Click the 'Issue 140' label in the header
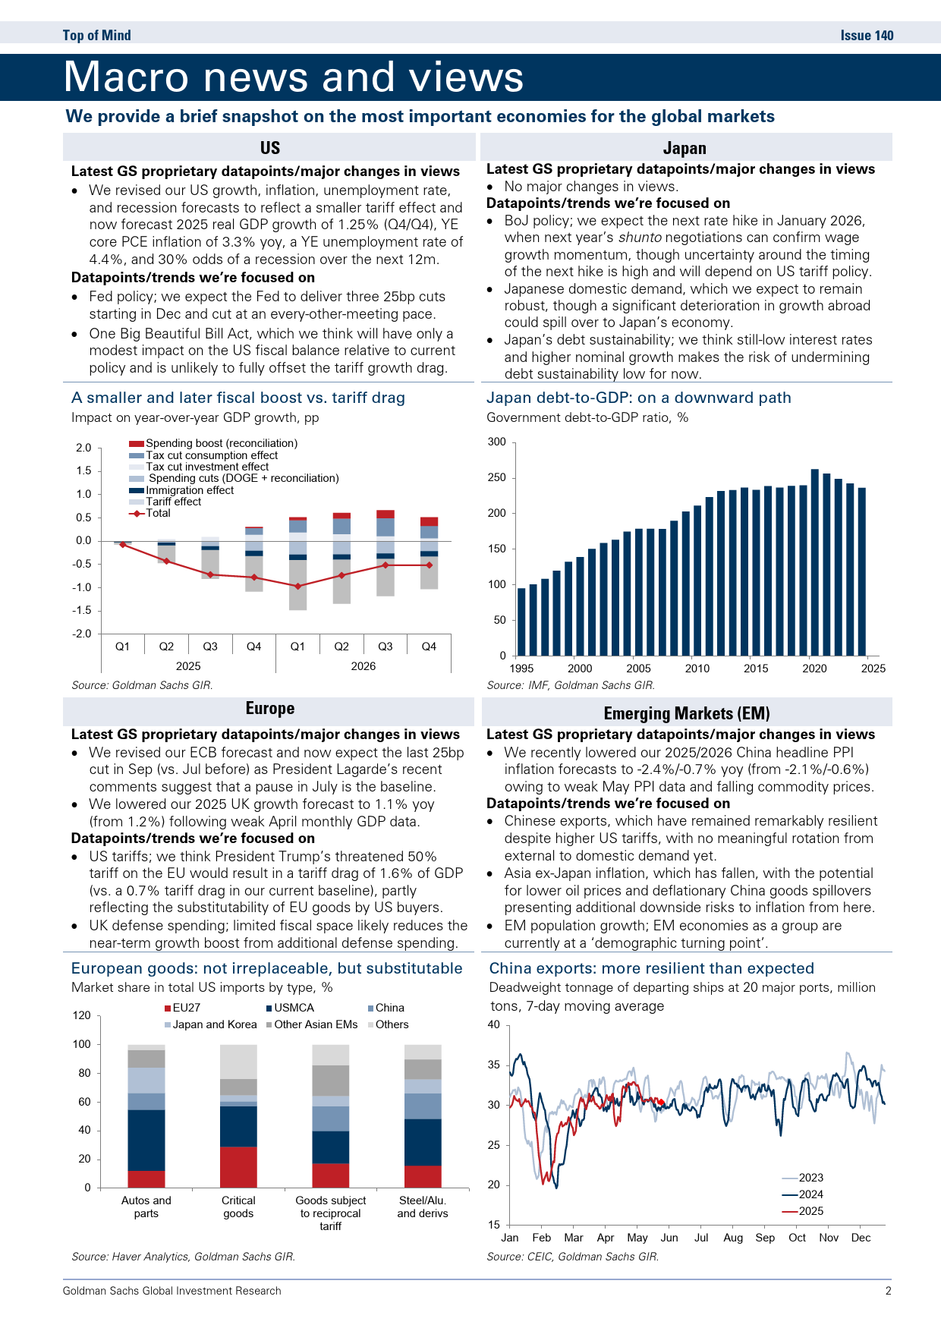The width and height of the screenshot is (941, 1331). click(867, 35)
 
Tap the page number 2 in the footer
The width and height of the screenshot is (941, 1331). click(888, 1291)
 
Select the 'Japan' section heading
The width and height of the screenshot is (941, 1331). click(685, 148)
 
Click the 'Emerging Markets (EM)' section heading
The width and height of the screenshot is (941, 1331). click(687, 713)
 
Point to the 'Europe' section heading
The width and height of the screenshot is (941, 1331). click(270, 708)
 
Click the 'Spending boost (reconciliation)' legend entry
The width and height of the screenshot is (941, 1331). click(213, 443)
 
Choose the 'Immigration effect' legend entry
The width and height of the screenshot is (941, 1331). click(181, 490)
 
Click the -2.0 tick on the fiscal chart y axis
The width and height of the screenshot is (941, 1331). click(83, 634)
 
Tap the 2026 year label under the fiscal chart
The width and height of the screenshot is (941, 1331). click(363, 666)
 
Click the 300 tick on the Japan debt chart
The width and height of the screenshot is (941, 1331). click(496, 442)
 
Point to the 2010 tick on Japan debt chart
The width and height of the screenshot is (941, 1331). click(697, 669)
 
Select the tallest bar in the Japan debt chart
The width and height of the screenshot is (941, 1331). click(815, 562)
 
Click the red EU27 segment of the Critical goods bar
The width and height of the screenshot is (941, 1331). click(238, 1167)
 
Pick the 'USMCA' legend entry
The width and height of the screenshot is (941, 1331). click(290, 1008)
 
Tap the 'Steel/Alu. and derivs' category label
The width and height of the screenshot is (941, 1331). click(423, 1207)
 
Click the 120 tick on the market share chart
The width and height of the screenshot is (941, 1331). click(82, 1015)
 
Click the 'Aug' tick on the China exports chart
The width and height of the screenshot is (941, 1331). click(733, 1238)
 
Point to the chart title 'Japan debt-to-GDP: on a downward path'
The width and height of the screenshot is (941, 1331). click(639, 398)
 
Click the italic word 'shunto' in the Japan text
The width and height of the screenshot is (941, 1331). click(640, 238)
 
